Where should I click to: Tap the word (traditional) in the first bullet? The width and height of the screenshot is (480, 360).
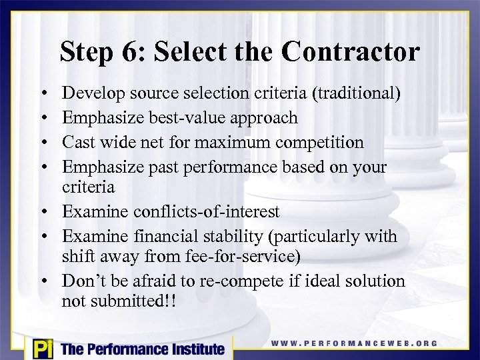pos(356,94)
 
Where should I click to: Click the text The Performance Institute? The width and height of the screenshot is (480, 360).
pos(143,349)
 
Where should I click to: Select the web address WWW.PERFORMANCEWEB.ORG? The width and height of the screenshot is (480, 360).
pos(354,343)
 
